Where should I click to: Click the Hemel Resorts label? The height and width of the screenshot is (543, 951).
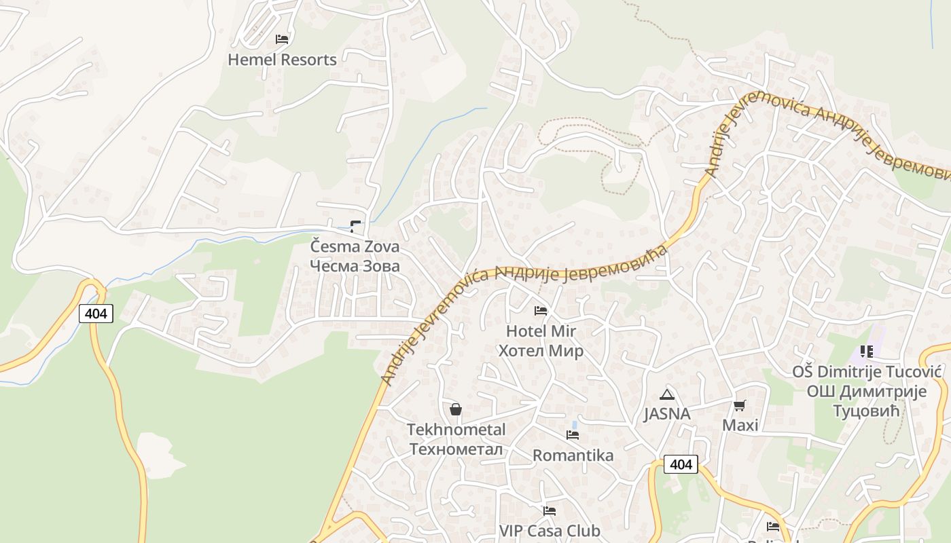282,60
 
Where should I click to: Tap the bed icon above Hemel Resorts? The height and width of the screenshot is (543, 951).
282,39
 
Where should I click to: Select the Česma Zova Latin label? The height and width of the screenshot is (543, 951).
355,246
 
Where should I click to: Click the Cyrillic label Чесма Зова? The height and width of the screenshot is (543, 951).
355,265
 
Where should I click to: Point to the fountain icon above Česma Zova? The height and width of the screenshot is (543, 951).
355,226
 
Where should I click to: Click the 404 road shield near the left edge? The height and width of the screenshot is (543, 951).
96,314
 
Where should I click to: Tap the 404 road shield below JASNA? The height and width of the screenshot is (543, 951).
680,464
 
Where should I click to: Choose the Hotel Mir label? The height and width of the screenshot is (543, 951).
541,331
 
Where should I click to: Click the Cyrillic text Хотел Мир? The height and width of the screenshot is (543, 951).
541,351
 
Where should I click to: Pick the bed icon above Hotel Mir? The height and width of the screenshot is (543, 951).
541,311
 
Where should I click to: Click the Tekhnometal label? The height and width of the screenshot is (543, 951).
456,430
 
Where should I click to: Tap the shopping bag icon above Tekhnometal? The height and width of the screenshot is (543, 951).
456,409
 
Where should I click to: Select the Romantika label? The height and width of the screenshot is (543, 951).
573,455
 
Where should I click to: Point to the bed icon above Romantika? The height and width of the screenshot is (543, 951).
573,435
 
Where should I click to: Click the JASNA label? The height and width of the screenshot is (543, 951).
667,414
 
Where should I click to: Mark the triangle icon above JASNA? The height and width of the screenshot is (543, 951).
667,394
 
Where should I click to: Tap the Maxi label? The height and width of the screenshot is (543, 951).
740,426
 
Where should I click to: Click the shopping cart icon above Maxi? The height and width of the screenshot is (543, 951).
740,406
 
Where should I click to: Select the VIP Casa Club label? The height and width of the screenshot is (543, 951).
550,530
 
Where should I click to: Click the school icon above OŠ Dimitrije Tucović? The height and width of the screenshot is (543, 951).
866,352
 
